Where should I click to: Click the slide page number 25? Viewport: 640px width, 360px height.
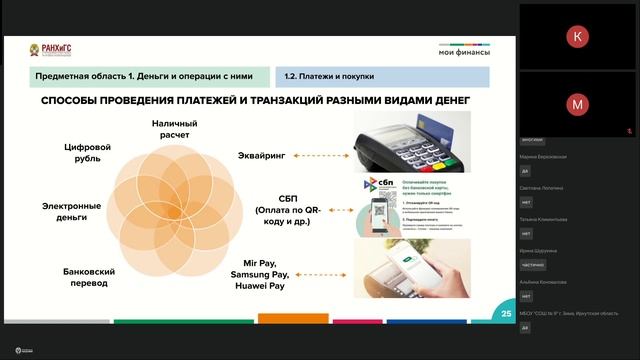click(506, 313)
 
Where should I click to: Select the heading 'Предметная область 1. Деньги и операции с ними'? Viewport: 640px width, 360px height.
click(135, 76)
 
